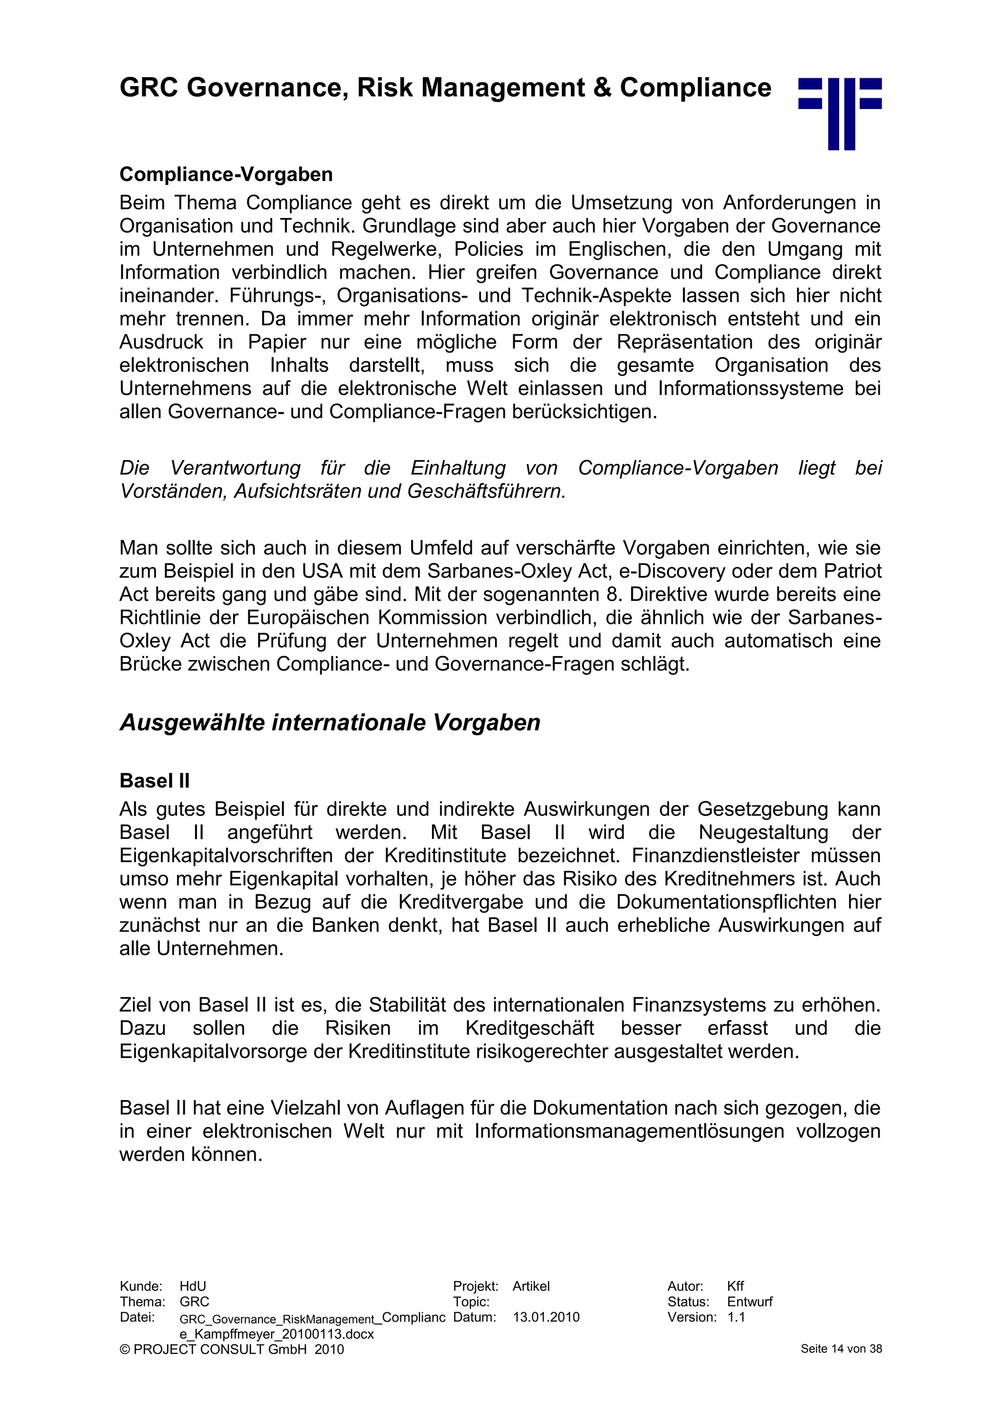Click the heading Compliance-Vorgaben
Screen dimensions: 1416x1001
click(x=226, y=175)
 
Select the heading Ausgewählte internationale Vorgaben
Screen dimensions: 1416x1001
click(x=330, y=722)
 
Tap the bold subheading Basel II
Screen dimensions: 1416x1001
click(x=154, y=781)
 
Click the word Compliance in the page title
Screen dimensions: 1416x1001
click(x=696, y=88)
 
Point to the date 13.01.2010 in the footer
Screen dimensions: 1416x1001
click(x=546, y=1317)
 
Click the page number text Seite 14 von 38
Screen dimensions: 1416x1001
click(x=841, y=1349)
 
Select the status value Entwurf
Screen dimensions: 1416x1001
click(x=749, y=1302)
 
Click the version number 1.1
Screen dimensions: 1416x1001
click(x=736, y=1317)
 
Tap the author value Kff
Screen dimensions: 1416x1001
click(x=735, y=1286)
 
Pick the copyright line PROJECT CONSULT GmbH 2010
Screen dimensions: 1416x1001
click(x=232, y=1350)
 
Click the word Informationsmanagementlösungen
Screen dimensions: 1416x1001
click(x=630, y=1132)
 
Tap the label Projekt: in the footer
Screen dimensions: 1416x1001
click(x=475, y=1286)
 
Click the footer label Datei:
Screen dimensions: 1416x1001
click(x=137, y=1317)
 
